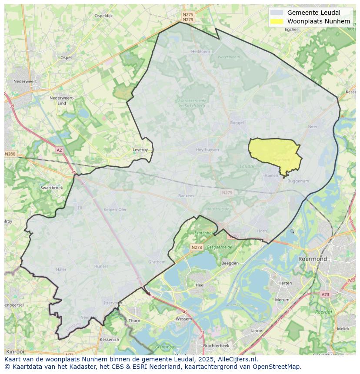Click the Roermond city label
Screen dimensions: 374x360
tap(312, 259)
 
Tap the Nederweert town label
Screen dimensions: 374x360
tap(25, 81)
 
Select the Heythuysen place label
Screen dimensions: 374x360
tap(207, 150)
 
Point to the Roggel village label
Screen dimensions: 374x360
tap(237, 123)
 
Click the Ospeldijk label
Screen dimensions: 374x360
tap(103, 16)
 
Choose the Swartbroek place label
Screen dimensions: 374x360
tap(51, 188)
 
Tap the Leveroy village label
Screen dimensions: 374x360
tap(140, 150)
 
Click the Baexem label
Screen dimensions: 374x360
tap(186, 196)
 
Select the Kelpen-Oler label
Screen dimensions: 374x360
tap(115, 209)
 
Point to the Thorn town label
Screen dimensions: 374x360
tap(134, 321)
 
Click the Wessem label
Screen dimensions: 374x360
tap(183, 319)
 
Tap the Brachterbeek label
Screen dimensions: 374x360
tap(216, 346)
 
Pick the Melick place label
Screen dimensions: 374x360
tap(343, 329)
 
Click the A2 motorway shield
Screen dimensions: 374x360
tap(59, 150)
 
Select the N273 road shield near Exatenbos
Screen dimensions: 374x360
tap(197, 247)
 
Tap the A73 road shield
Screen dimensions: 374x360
tap(325, 295)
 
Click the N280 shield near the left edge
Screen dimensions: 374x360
tap(10, 154)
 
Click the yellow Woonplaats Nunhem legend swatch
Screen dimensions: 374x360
tap(276, 21)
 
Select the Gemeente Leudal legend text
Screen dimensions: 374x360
tap(313, 13)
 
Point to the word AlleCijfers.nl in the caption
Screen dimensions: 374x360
tap(237, 359)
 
